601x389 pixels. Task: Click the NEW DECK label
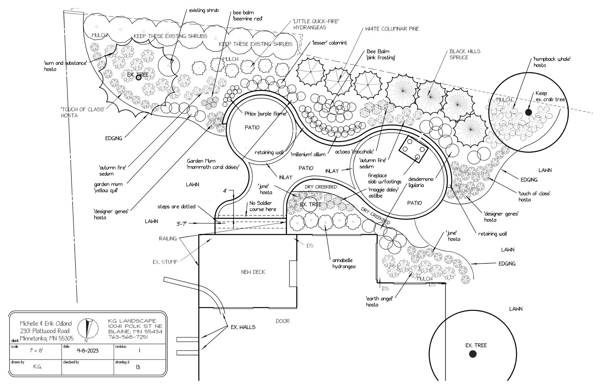point(253,272)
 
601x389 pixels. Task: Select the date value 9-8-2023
point(87,350)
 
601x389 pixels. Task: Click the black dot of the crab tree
point(528,112)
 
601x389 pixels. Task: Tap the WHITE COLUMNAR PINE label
point(392,29)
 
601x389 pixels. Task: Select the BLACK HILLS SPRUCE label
point(465,54)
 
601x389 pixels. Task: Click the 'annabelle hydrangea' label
point(344,263)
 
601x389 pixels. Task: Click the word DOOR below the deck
point(282,321)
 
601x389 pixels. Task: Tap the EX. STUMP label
point(165,262)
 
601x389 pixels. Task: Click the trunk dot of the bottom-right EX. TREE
point(473,354)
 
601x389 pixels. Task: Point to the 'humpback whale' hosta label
point(552,62)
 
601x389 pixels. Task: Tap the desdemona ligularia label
point(421,182)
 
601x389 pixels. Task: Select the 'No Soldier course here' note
point(262,206)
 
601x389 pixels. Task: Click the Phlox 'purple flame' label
point(265,114)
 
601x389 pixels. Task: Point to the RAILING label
point(167,239)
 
